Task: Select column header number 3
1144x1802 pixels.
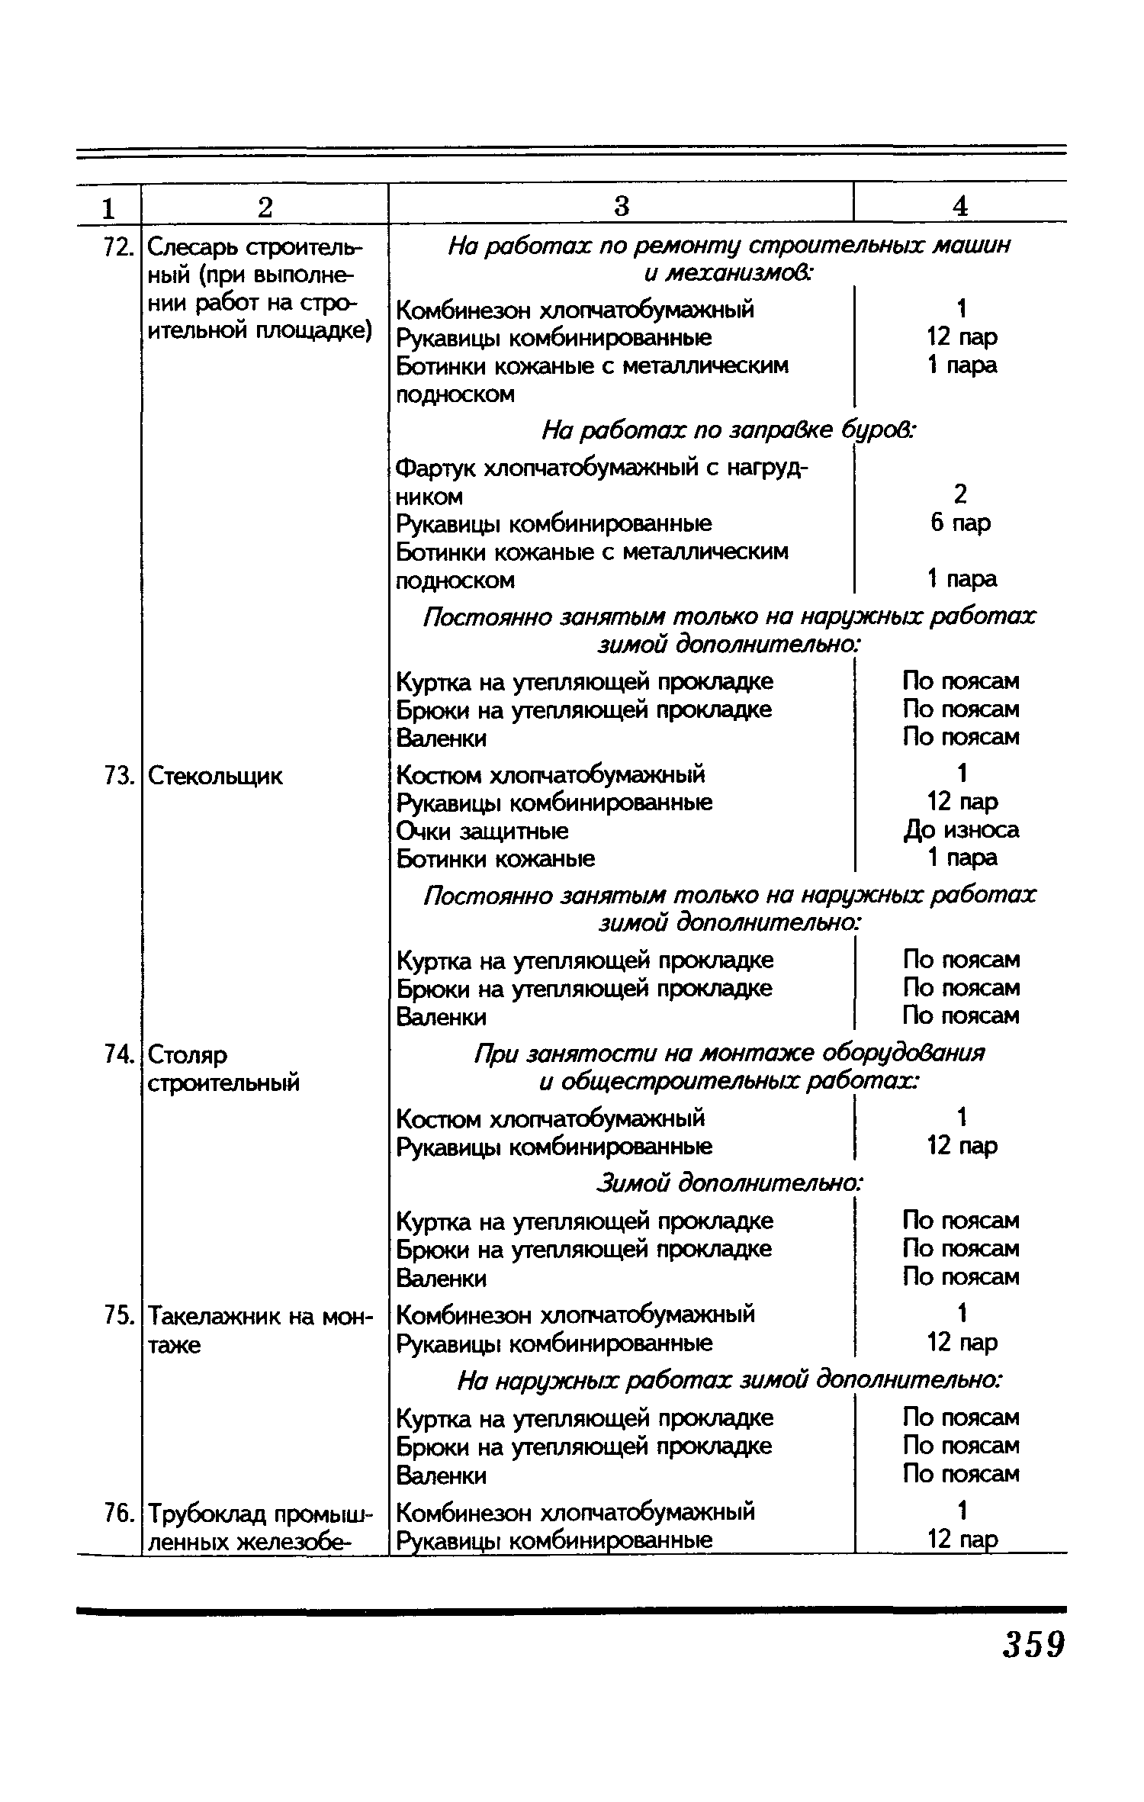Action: pyautogui.click(x=622, y=206)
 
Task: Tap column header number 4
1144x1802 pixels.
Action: pyautogui.click(x=961, y=206)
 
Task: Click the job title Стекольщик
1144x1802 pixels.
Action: pyautogui.click(x=214, y=776)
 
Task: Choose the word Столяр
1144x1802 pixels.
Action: pyautogui.click(x=187, y=1054)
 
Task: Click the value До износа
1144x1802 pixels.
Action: pyautogui.click(x=961, y=829)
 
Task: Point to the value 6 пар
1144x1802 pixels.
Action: pyautogui.click(x=961, y=523)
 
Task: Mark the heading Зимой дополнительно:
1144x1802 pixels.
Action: pyautogui.click(x=728, y=1183)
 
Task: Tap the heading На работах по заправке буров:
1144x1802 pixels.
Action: pyautogui.click(x=728, y=432)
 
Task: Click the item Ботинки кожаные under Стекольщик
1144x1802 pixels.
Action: pyautogui.click(x=496, y=859)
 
